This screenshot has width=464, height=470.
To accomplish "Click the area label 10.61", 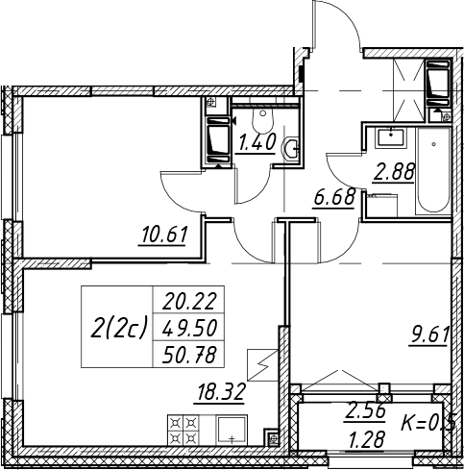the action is click(163, 235).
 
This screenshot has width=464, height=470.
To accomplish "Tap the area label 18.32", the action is click(221, 391).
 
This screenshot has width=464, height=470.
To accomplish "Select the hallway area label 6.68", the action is click(334, 197).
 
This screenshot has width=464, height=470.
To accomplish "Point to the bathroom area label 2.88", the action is click(394, 172).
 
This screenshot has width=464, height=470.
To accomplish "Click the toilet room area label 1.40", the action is click(256, 142).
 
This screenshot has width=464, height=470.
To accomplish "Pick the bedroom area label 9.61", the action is click(428, 334).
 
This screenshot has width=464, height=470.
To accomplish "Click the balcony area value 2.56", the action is click(365, 411).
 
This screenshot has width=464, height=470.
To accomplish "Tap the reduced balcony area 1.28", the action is click(366, 439).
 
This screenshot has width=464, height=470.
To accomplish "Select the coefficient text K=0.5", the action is click(427, 422).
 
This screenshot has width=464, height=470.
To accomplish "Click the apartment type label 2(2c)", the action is click(117, 327).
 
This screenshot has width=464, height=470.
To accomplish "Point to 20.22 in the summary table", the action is click(189, 301).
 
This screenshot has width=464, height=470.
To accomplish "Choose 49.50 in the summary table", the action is click(189, 328).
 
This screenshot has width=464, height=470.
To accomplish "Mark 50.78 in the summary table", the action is click(189, 355).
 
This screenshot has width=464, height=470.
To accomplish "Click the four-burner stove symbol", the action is click(183, 430).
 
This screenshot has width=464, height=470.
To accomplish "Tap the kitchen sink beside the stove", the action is click(232, 430).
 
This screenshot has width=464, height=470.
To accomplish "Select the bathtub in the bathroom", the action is click(433, 171).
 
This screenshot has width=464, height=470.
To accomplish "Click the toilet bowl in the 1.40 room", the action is click(263, 120).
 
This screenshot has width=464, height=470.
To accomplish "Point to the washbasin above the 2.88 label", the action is click(391, 137).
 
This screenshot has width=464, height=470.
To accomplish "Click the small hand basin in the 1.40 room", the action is click(291, 148).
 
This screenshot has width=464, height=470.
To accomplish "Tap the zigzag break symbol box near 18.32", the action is click(262, 365).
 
